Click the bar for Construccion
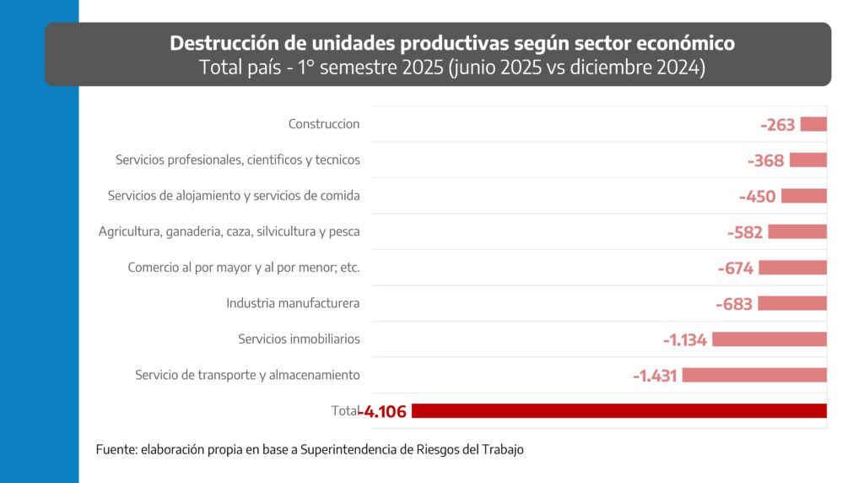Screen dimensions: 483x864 (x=813, y=124)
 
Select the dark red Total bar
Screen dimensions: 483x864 (x=618, y=411)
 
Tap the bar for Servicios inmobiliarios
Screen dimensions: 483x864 (x=769, y=339)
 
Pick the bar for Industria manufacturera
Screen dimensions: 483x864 (x=792, y=303)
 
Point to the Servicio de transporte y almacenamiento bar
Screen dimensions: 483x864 (x=754, y=375)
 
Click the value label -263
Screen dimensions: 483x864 (x=778, y=125)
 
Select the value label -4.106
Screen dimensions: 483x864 (x=383, y=412)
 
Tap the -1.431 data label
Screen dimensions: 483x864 (x=656, y=376)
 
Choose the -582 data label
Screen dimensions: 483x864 (x=744, y=232)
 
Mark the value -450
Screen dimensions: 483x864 (x=757, y=197)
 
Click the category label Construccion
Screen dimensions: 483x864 (x=324, y=124)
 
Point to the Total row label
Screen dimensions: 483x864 (x=344, y=411)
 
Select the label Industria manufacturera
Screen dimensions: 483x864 (x=293, y=303)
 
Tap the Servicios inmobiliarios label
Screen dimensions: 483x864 (x=299, y=339)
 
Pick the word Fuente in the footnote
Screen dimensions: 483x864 (x=114, y=450)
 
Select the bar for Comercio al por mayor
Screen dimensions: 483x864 (x=793, y=268)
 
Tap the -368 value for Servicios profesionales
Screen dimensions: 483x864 (x=766, y=160)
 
